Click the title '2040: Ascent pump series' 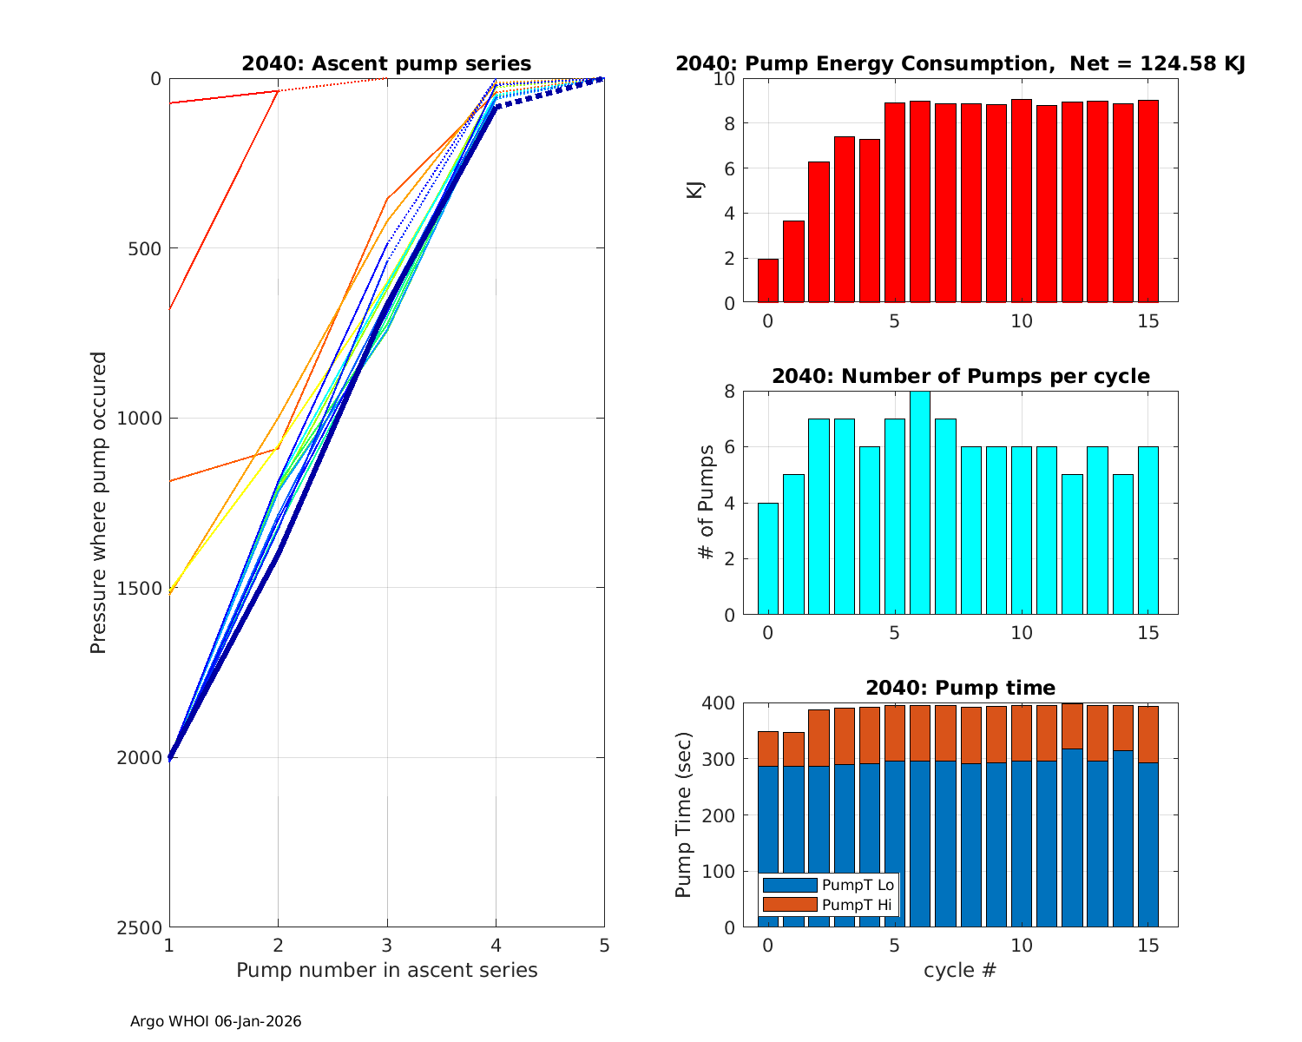386,64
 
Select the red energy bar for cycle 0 767,280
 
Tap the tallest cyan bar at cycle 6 920,504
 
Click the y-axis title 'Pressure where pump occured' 99,503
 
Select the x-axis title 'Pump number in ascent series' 386,970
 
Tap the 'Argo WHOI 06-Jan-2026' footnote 216,1022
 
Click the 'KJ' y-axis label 694,190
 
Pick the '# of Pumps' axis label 708,503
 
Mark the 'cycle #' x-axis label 959,970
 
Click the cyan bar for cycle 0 767,559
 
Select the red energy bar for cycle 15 1148,201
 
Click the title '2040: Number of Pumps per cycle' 960,376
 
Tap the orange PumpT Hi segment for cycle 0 767,749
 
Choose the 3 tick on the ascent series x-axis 386,945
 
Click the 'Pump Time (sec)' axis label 684,815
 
